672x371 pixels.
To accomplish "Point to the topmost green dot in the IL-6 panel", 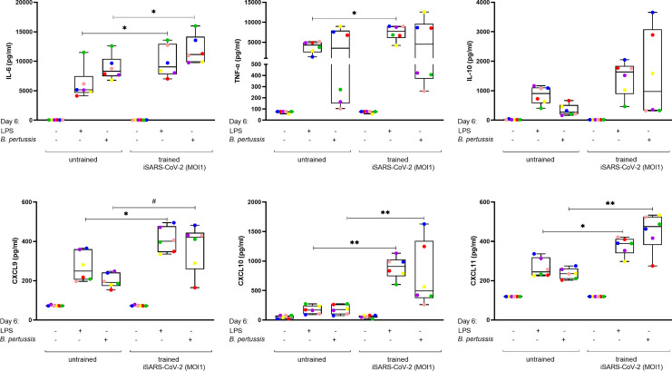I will [x=194, y=26].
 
